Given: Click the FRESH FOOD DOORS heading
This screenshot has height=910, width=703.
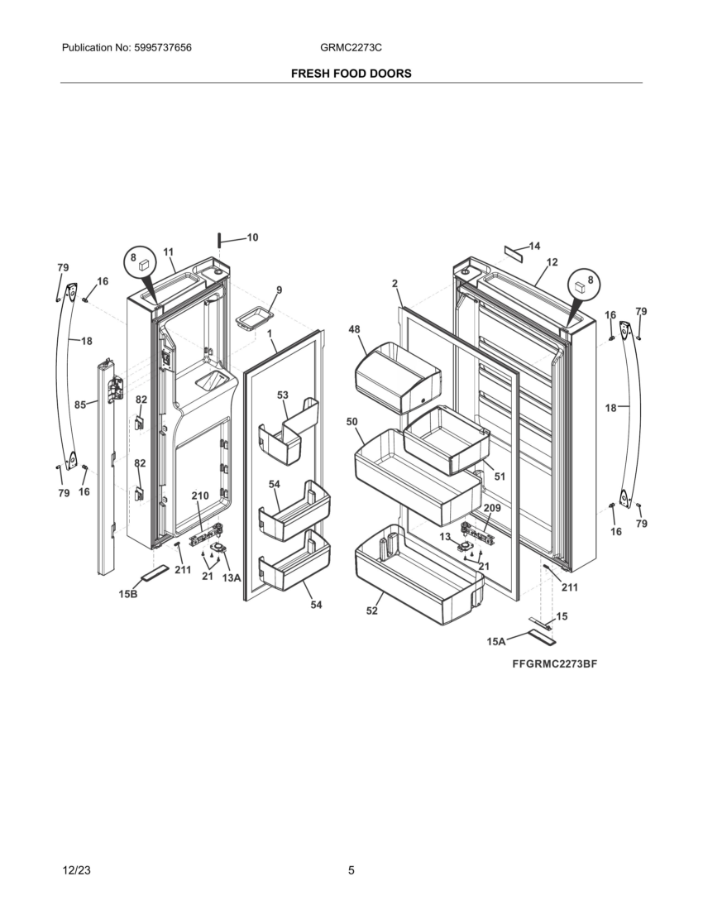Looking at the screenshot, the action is pos(351,74).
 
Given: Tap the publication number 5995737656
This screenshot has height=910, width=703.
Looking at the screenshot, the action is pos(162,48).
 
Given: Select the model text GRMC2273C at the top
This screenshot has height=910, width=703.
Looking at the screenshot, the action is pos(351,48).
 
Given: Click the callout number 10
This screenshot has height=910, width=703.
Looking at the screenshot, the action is pos(252,237).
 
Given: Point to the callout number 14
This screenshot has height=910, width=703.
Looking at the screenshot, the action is pos(534,246).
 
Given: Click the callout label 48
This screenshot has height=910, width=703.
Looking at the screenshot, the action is pos(354,329).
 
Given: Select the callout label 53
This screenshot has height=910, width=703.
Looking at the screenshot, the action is pos(283,395).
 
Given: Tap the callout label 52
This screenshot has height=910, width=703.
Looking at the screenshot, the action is pos(372,611).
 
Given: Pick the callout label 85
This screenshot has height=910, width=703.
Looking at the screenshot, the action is pos(80,405).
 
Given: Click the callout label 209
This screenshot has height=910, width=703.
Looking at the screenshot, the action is pos(492,508).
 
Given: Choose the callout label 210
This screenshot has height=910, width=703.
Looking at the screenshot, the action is pos(200,496).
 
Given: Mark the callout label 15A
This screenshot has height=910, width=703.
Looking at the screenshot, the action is pos(496,641).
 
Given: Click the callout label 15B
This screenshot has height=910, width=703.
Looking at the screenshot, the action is pos(128,594).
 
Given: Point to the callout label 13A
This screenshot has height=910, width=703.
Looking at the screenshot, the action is pos(232,578).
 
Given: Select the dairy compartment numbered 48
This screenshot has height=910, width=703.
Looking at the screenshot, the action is pos(398,377).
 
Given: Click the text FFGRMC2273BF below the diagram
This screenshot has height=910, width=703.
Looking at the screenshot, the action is pos(554,664).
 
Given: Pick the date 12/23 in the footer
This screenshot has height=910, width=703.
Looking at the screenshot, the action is pos(76,870).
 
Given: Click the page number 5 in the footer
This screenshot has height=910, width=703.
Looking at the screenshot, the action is pos(351,870).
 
